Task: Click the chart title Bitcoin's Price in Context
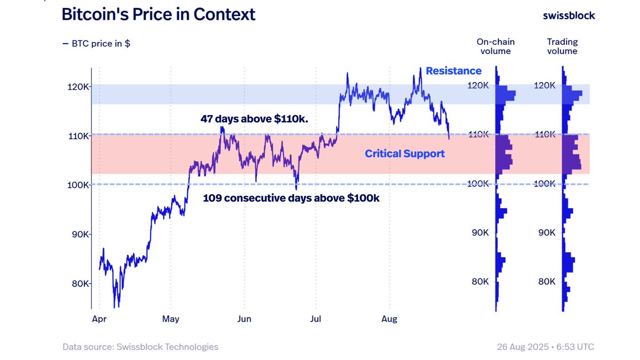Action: point(158,14)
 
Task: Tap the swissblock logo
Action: point(569,15)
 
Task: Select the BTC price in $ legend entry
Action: point(97,44)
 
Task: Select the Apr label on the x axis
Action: point(99,319)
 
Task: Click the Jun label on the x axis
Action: point(244,319)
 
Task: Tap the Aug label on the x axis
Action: point(390,319)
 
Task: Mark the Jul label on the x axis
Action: point(316,319)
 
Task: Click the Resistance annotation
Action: point(453,71)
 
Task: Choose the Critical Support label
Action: point(404,154)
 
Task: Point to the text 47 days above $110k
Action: point(254,118)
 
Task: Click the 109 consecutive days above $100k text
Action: point(291,198)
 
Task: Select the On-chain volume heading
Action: point(495,46)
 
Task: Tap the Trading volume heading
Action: point(562,46)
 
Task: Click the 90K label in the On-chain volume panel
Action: point(480,233)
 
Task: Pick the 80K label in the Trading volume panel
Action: point(547,282)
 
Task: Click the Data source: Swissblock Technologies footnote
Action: point(140,347)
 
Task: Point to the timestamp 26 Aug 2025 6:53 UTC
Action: point(545,347)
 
